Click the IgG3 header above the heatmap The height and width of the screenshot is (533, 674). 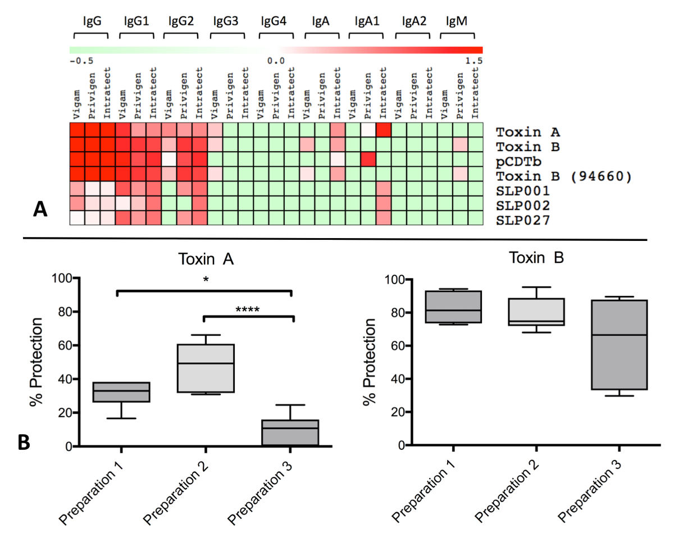226,21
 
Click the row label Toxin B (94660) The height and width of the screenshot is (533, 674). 564,176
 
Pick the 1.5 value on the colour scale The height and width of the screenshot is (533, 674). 475,61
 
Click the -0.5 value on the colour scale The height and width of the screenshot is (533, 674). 81,61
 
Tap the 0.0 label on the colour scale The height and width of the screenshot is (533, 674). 275,61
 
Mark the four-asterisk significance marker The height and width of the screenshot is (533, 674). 247,309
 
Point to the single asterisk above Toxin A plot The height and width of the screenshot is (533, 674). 206,280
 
